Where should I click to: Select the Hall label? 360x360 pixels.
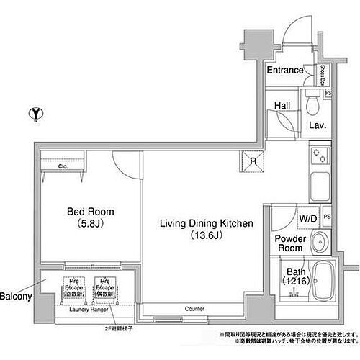(x=282, y=105)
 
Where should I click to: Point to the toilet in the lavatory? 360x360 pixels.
(x=311, y=104)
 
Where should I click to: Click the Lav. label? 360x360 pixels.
(x=318, y=125)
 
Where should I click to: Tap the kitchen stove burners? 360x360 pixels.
(x=319, y=156)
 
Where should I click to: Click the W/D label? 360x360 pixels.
(x=307, y=217)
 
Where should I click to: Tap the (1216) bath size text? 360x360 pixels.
(x=295, y=281)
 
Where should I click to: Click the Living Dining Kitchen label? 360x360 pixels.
(x=206, y=223)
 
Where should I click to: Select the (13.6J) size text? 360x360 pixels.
(x=206, y=235)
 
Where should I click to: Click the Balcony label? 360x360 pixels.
(x=15, y=296)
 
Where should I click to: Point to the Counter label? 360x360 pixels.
(x=194, y=309)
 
